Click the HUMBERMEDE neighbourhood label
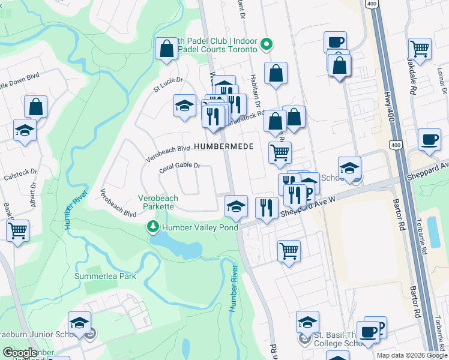coord(223,146)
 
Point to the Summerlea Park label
coord(105,277)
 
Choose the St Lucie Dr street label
coord(168,83)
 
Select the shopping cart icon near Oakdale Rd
coord(420,49)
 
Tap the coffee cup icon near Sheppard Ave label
coord(429,139)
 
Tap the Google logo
coord(20,353)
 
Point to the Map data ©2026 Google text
coord(412,355)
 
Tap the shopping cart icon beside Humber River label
coord(18,229)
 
